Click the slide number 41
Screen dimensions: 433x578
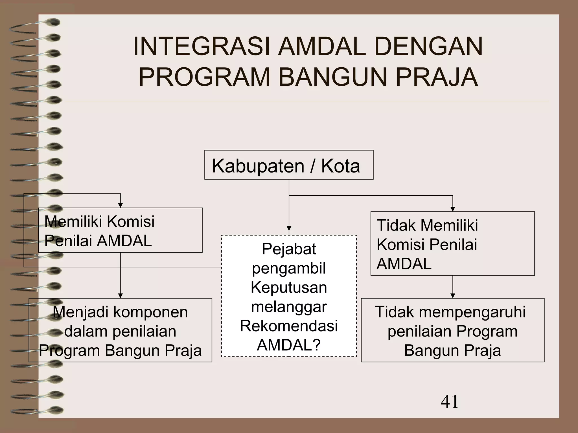click(449, 402)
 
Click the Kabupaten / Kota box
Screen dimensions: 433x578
click(289, 165)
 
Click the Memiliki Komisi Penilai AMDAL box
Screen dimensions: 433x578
click(120, 230)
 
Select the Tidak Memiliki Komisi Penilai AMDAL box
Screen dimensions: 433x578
click(452, 244)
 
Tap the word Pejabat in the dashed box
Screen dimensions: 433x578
click(289, 249)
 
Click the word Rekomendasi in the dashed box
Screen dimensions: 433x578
click(289, 326)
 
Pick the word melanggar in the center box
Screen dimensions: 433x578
click(289, 307)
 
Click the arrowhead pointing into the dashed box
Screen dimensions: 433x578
click(289, 229)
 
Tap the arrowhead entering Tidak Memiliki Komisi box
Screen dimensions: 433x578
click(453, 209)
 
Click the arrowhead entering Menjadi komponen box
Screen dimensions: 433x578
click(120, 296)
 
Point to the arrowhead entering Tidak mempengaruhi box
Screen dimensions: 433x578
click(453, 296)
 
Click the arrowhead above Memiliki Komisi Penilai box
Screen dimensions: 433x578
click(120, 206)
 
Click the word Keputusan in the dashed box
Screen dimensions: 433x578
click(289, 288)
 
